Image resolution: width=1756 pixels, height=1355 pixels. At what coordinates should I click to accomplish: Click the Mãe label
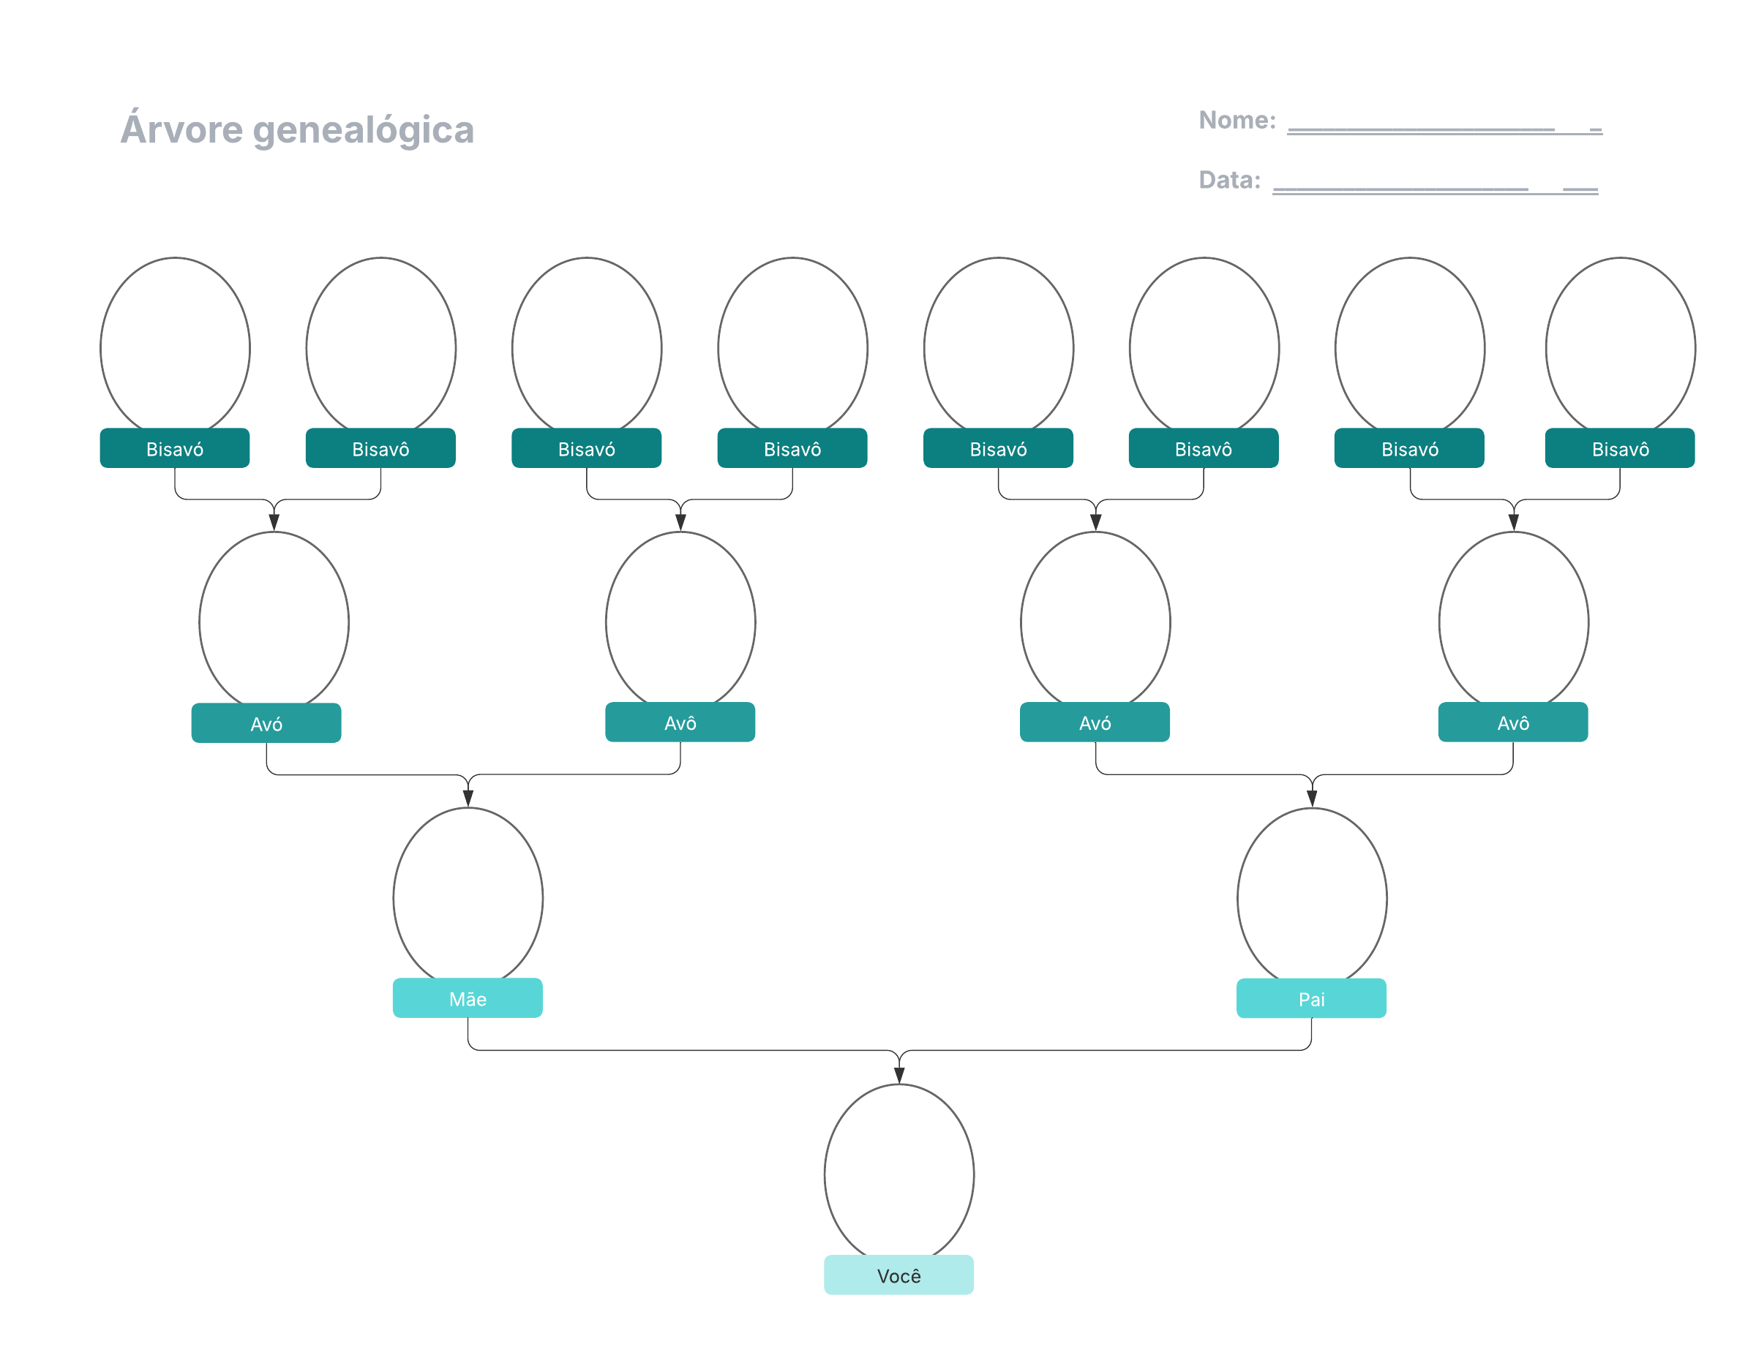pos(467,998)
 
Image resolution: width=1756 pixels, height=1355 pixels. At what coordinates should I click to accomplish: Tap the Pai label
pos(1310,998)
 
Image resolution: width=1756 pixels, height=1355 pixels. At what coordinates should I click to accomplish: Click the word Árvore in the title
pos(181,129)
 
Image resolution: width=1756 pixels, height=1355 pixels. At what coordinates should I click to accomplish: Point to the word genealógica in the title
pos(364,130)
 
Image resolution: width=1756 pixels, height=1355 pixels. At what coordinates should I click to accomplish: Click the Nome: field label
pos(1237,121)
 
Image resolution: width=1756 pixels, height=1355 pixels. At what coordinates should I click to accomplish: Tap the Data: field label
pos(1229,180)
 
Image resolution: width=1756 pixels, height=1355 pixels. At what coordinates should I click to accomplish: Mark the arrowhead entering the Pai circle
pos(1311,798)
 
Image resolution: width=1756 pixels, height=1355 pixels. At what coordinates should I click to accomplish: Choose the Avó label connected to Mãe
pos(266,723)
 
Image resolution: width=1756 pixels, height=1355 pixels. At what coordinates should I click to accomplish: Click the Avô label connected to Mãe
pos(680,722)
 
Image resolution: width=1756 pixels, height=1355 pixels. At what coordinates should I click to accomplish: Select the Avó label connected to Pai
pos(1095,722)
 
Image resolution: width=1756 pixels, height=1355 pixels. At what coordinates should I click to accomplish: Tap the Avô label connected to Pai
pos(1512,722)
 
